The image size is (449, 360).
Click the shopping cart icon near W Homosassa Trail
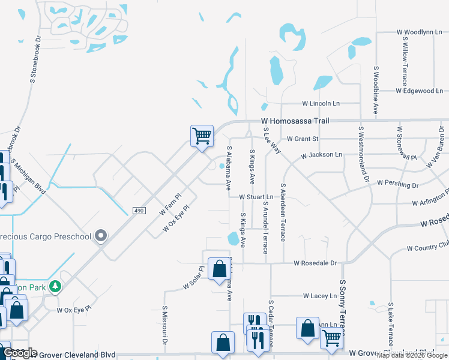202,136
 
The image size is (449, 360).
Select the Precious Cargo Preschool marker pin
101,236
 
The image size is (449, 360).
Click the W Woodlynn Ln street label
418,32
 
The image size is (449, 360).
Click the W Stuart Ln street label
256,197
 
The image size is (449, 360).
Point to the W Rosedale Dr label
316,263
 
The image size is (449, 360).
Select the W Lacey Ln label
320,296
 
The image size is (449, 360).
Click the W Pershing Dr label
397,182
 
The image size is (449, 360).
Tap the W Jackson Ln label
321,155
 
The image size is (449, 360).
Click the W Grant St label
303,139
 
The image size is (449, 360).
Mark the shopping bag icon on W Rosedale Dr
217,269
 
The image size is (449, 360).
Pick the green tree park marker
55,287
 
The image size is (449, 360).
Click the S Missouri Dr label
164,325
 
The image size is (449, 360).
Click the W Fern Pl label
170,205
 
